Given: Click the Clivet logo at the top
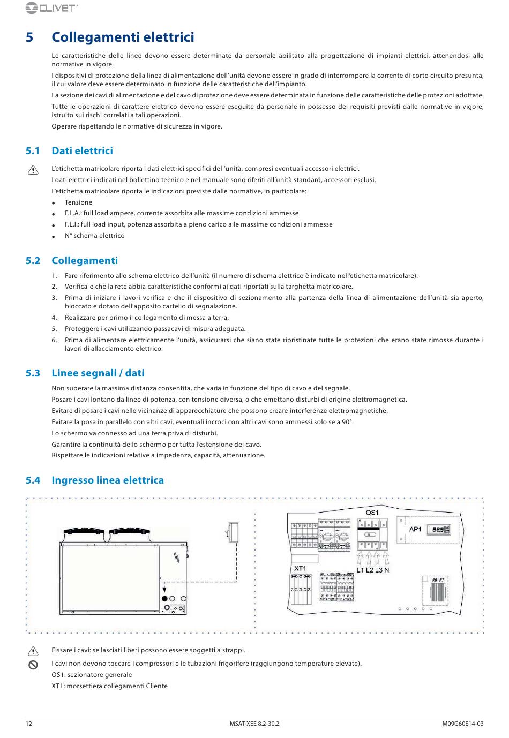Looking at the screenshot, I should pyautogui.click(x=51, y=8).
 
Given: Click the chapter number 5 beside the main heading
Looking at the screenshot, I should pyautogui.click(x=29, y=37).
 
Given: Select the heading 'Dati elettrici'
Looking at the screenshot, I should pyautogui.click(x=82, y=151).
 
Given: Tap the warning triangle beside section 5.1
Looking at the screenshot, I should pyautogui.click(x=33, y=170).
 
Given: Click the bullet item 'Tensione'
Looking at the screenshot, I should pyautogui.click(x=78, y=202).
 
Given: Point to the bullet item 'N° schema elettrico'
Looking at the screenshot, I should pyautogui.click(x=94, y=236).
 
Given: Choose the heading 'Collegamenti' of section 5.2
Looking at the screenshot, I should pyautogui.click(x=85, y=261).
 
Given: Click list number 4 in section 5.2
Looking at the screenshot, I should pyautogui.click(x=54, y=318).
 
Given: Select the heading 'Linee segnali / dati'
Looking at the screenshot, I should pyautogui.click(x=98, y=373).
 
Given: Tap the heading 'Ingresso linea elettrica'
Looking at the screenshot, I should pyautogui.click(x=108, y=480).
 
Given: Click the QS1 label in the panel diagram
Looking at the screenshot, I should pyautogui.click(x=372, y=513).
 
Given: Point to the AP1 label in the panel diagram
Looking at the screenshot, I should pyautogui.click(x=416, y=530).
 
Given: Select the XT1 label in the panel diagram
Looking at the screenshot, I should pyautogui.click(x=300, y=568).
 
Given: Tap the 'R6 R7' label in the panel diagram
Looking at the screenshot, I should pyautogui.click(x=438, y=580).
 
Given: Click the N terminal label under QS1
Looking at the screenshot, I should pyautogui.click(x=387, y=570).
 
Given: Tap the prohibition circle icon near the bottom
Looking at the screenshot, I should pyautogui.click(x=33, y=665).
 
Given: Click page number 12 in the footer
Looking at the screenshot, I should pyautogui.click(x=29, y=724).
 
